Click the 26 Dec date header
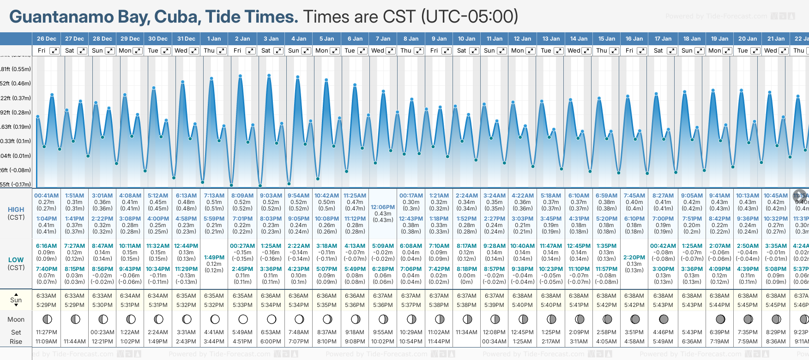(x=46, y=39)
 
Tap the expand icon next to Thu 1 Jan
(x=222, y=51)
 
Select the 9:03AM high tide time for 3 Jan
(x=271, y=196)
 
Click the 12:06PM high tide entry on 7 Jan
(x=383, y=207)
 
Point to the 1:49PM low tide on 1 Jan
(x=214, y=258)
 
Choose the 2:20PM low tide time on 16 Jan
(x=634, y=258)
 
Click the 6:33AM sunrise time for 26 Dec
(x=46, y=296)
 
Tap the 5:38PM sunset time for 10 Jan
(x=466, y=305)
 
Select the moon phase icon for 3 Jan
(x=272, y=319)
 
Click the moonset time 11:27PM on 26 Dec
(x=46, y=332)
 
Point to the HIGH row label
(x=16, y=210)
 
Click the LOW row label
(x=16, y=260)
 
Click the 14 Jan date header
(x=579, y=39)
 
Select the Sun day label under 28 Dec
(x=97, y=51)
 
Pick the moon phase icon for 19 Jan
(x=720, y=319)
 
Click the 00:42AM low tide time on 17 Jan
(x=663, y=246)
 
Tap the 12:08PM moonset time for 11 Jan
(x=494, y=332)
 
